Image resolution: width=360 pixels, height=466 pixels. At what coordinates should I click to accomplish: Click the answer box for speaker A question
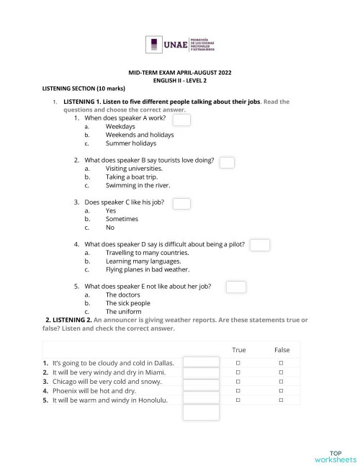tap(181, 120)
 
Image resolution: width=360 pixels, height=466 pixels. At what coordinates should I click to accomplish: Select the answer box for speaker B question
tap(227, 162)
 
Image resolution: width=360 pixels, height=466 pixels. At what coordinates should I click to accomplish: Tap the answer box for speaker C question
tap(181, 204)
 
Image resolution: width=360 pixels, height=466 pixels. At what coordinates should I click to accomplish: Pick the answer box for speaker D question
tap(259, 246)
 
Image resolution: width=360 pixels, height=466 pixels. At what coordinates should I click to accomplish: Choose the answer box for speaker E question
tap(236, 287)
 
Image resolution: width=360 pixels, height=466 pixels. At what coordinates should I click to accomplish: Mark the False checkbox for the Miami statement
tap(282, 372)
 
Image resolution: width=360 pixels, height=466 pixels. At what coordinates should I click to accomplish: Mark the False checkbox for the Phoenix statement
tap(282, 391)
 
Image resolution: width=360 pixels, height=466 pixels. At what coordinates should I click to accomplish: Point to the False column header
tap(282, 349)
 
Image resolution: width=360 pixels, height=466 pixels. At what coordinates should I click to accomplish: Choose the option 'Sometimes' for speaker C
tap(122, 218)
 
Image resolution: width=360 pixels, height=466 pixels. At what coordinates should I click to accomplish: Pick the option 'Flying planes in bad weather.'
tap(148, 270)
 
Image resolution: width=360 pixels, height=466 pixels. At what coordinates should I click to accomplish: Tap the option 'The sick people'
tap(129, 303)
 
